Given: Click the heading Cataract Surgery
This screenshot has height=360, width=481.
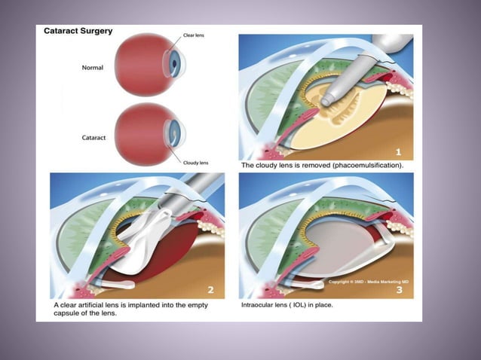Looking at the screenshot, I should pos(79,32).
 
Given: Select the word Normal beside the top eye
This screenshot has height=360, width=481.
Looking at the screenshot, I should pos(93,68).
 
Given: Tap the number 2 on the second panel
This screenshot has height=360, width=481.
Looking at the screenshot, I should pos(210,289).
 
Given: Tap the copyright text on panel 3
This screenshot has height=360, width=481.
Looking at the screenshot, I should pos(366,282).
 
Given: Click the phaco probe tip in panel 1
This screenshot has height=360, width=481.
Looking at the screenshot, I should pos(329,99).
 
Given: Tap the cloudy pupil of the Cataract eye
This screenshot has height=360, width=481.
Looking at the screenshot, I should pos(176,135).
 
